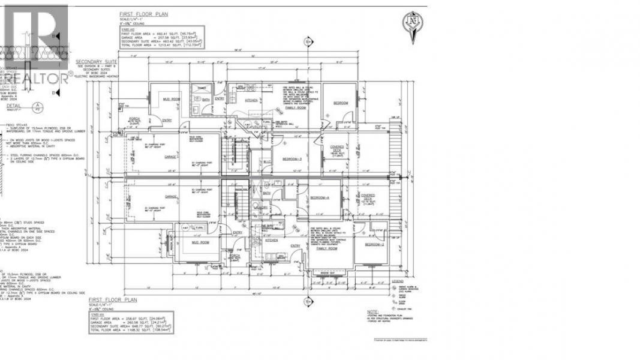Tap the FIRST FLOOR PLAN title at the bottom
coord(113,299)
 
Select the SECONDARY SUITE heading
coord(97,62)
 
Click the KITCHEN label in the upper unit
coord(252,100)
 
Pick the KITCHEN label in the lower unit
coord(272,239)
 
